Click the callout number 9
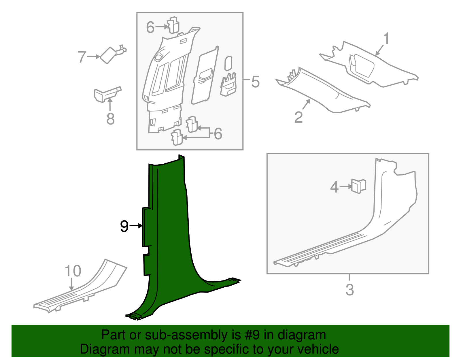pos(124,226)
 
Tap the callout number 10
pos(73,271)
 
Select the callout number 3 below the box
pos(349,289)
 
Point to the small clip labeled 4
pos(358,186)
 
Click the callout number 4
pos(334,187)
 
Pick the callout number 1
pos(386,39)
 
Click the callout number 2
pos(299,117)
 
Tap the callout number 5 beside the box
pos(255,82)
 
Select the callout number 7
pos(82,57)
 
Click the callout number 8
pos(110,119)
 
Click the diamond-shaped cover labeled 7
pos(108,55)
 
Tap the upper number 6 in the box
pos(150,27)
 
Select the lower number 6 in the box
pos(218,134)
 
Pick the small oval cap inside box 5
pos(228,63)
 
